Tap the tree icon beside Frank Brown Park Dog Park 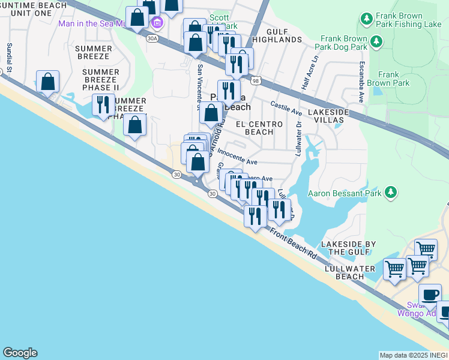(x=376, y=42)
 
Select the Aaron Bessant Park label (x=346, y=193)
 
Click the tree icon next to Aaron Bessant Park (x=391, y=192)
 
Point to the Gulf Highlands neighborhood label (x=276, y=35)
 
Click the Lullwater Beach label (x=345, y=272)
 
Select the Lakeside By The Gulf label (x=348, y=248)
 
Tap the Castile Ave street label (x=286, y=108)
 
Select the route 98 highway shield (x=256, y=80)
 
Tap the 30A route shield (x=152, y=38)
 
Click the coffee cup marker (x=429, y=295)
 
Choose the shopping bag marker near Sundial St (x=47, y=82)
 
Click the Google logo (x=20, y=353)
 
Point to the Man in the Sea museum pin (x=158, y=23)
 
